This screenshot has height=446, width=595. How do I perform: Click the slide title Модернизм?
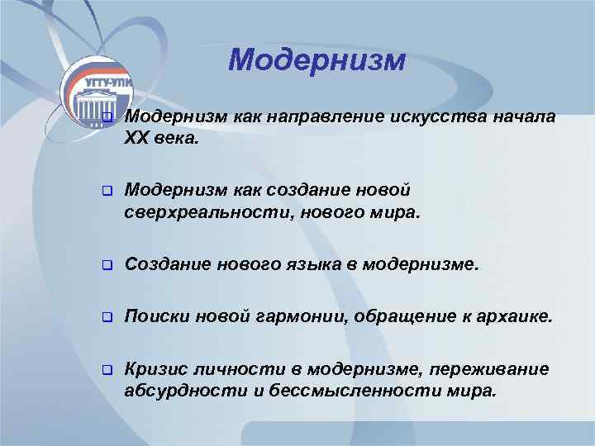pyautogui.click(x=317, y=60)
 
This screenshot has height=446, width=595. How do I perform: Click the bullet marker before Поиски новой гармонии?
pyautogui.click(x=106, y=318)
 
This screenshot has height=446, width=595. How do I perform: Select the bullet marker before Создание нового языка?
pyautogui.click(x=106, y=265)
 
